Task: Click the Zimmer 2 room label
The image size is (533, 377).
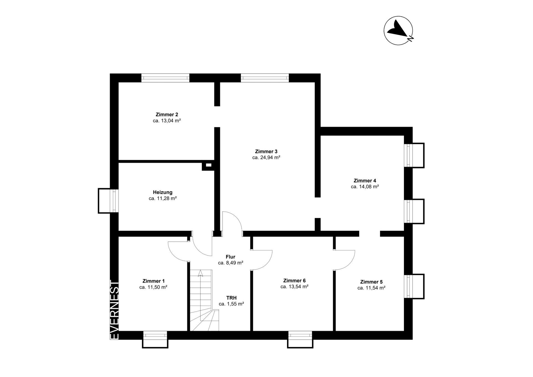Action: pyautogui.click(x=167, y=114)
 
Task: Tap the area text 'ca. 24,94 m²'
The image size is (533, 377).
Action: pyautogui.click(x=266, y=157)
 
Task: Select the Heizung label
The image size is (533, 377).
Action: pyautogui.click(x=163, y=192)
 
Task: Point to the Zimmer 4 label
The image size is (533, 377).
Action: pyautogui.click(x=365, y=180)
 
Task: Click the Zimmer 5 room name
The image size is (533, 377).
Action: pyautogui.click(x=371, y=282)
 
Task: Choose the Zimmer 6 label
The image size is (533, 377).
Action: pyautogui.click(x=294, y=280)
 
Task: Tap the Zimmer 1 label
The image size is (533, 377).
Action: pyautogui.click(x=154, y=281)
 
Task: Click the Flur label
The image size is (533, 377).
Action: pyautogui.click(x=230, y=257)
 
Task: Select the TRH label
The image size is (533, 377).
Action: pyautogui.click(x=231, y=298)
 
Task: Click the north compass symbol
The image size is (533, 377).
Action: pyautogui.click(x=398, y=31)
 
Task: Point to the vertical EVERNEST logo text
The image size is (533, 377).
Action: pyautogui.click(x=115, y=309)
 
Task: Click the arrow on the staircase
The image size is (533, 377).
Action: pyautogui.click(x=200, y=273)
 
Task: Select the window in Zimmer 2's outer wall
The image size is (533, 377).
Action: pyautogui.click(x=165, y=78)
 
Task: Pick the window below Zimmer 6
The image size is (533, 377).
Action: pyautogui.click(x=300, y=339)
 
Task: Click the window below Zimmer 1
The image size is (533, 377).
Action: pyautogui.click(x=155, y=339)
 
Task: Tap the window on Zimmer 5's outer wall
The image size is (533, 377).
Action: pyautogui.click(x=414, y=286)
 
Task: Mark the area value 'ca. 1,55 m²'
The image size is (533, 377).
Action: pyautogui.click(x=231, y=304)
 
